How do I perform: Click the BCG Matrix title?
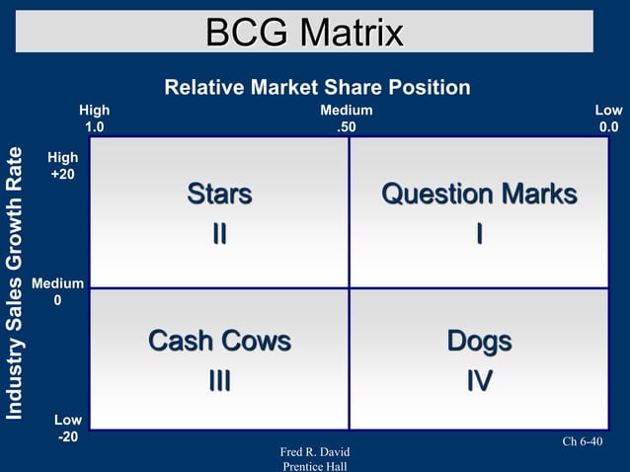pyautogui.click(x=305, y=33)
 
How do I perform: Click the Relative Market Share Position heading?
pyautogui.click(x=317, y=88)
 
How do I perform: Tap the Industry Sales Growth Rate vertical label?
pyautogui.click(x=15, y=282)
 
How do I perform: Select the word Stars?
pyautogui.click(x=219, y=195)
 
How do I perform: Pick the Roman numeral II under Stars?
pyautogui.click(x=219, y=234)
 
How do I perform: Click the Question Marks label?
pyautogui.click(x=479, y=195)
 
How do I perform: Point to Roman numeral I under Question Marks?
pyautogui.click(x=479, y=234)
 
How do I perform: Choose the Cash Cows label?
pyautogui.click(x=219, y=342)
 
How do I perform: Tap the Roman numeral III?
pyautogui.click(x=219, y=381)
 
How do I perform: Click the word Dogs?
pyautogui.click(x=479, y=342)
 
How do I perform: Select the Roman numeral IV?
pyautogui.click(x=479, y=381)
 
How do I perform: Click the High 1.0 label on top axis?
pyautogui.click(x=95, y=118)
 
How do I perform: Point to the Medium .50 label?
pyautogui.click(x=347, y=118)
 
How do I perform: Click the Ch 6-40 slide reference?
pyautogui.click(x=582, y=441)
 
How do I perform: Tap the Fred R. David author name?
pyautogui.click(x=315, y=452)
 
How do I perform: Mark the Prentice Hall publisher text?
pyautogui.click(x=315, y=466)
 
